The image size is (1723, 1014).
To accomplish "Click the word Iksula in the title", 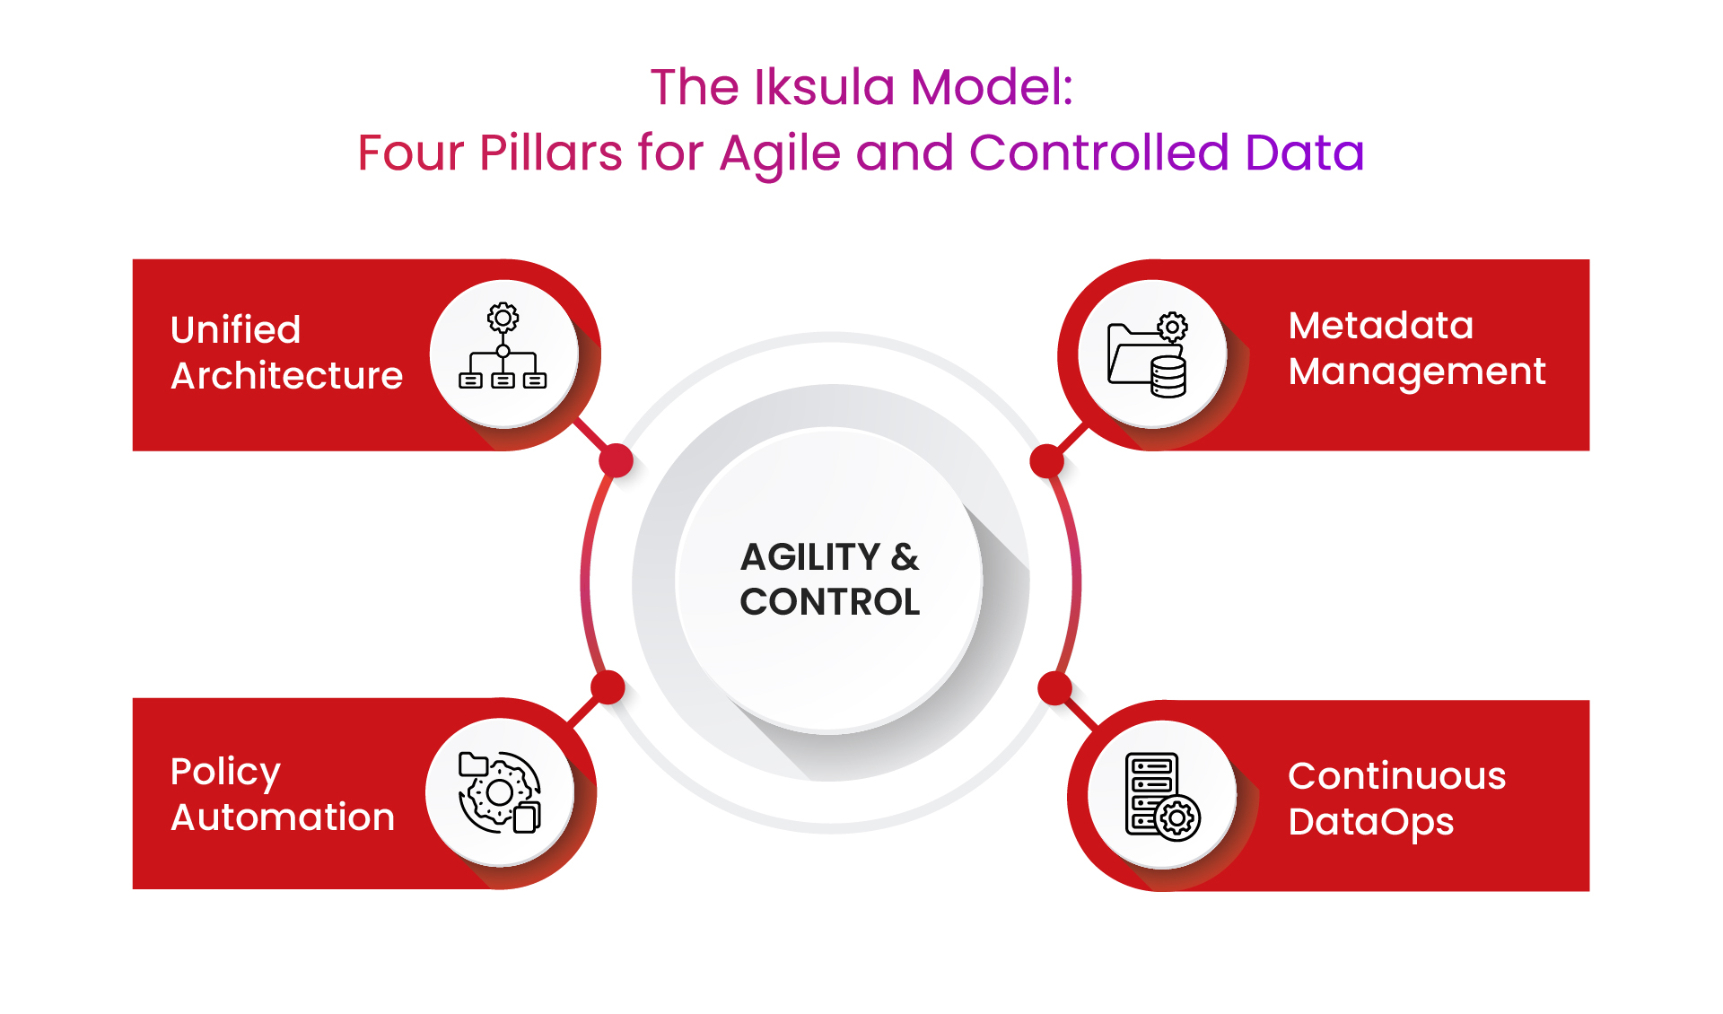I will pos(825,88).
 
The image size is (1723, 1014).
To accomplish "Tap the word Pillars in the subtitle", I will pos(550,153).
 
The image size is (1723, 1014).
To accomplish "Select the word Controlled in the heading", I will pos(1098,153).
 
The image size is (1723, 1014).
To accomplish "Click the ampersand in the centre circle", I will pos(905,557).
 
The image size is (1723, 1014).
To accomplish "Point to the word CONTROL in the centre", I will pos(830,602).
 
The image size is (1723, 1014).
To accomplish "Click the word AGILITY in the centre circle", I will pos(809,557).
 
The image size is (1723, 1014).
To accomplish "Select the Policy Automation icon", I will pos(499,792).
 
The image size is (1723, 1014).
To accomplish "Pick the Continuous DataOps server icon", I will pos(1161,796).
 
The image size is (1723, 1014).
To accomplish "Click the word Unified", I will pos(235,330).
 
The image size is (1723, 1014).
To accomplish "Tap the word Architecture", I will pos(286,376).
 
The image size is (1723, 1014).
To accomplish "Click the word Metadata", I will pos(1380,326).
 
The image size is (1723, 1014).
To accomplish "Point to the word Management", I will pos(1416,372).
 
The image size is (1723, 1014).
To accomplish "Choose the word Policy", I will pos(225,773).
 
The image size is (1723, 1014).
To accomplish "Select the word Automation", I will pos(283,817).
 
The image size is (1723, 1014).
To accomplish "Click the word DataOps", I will pos(1370,822).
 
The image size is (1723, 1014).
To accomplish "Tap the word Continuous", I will pos(1396,776).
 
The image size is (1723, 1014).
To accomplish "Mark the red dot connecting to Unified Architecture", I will pos(617,460).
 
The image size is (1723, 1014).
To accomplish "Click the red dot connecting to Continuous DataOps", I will pos(1054,688).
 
